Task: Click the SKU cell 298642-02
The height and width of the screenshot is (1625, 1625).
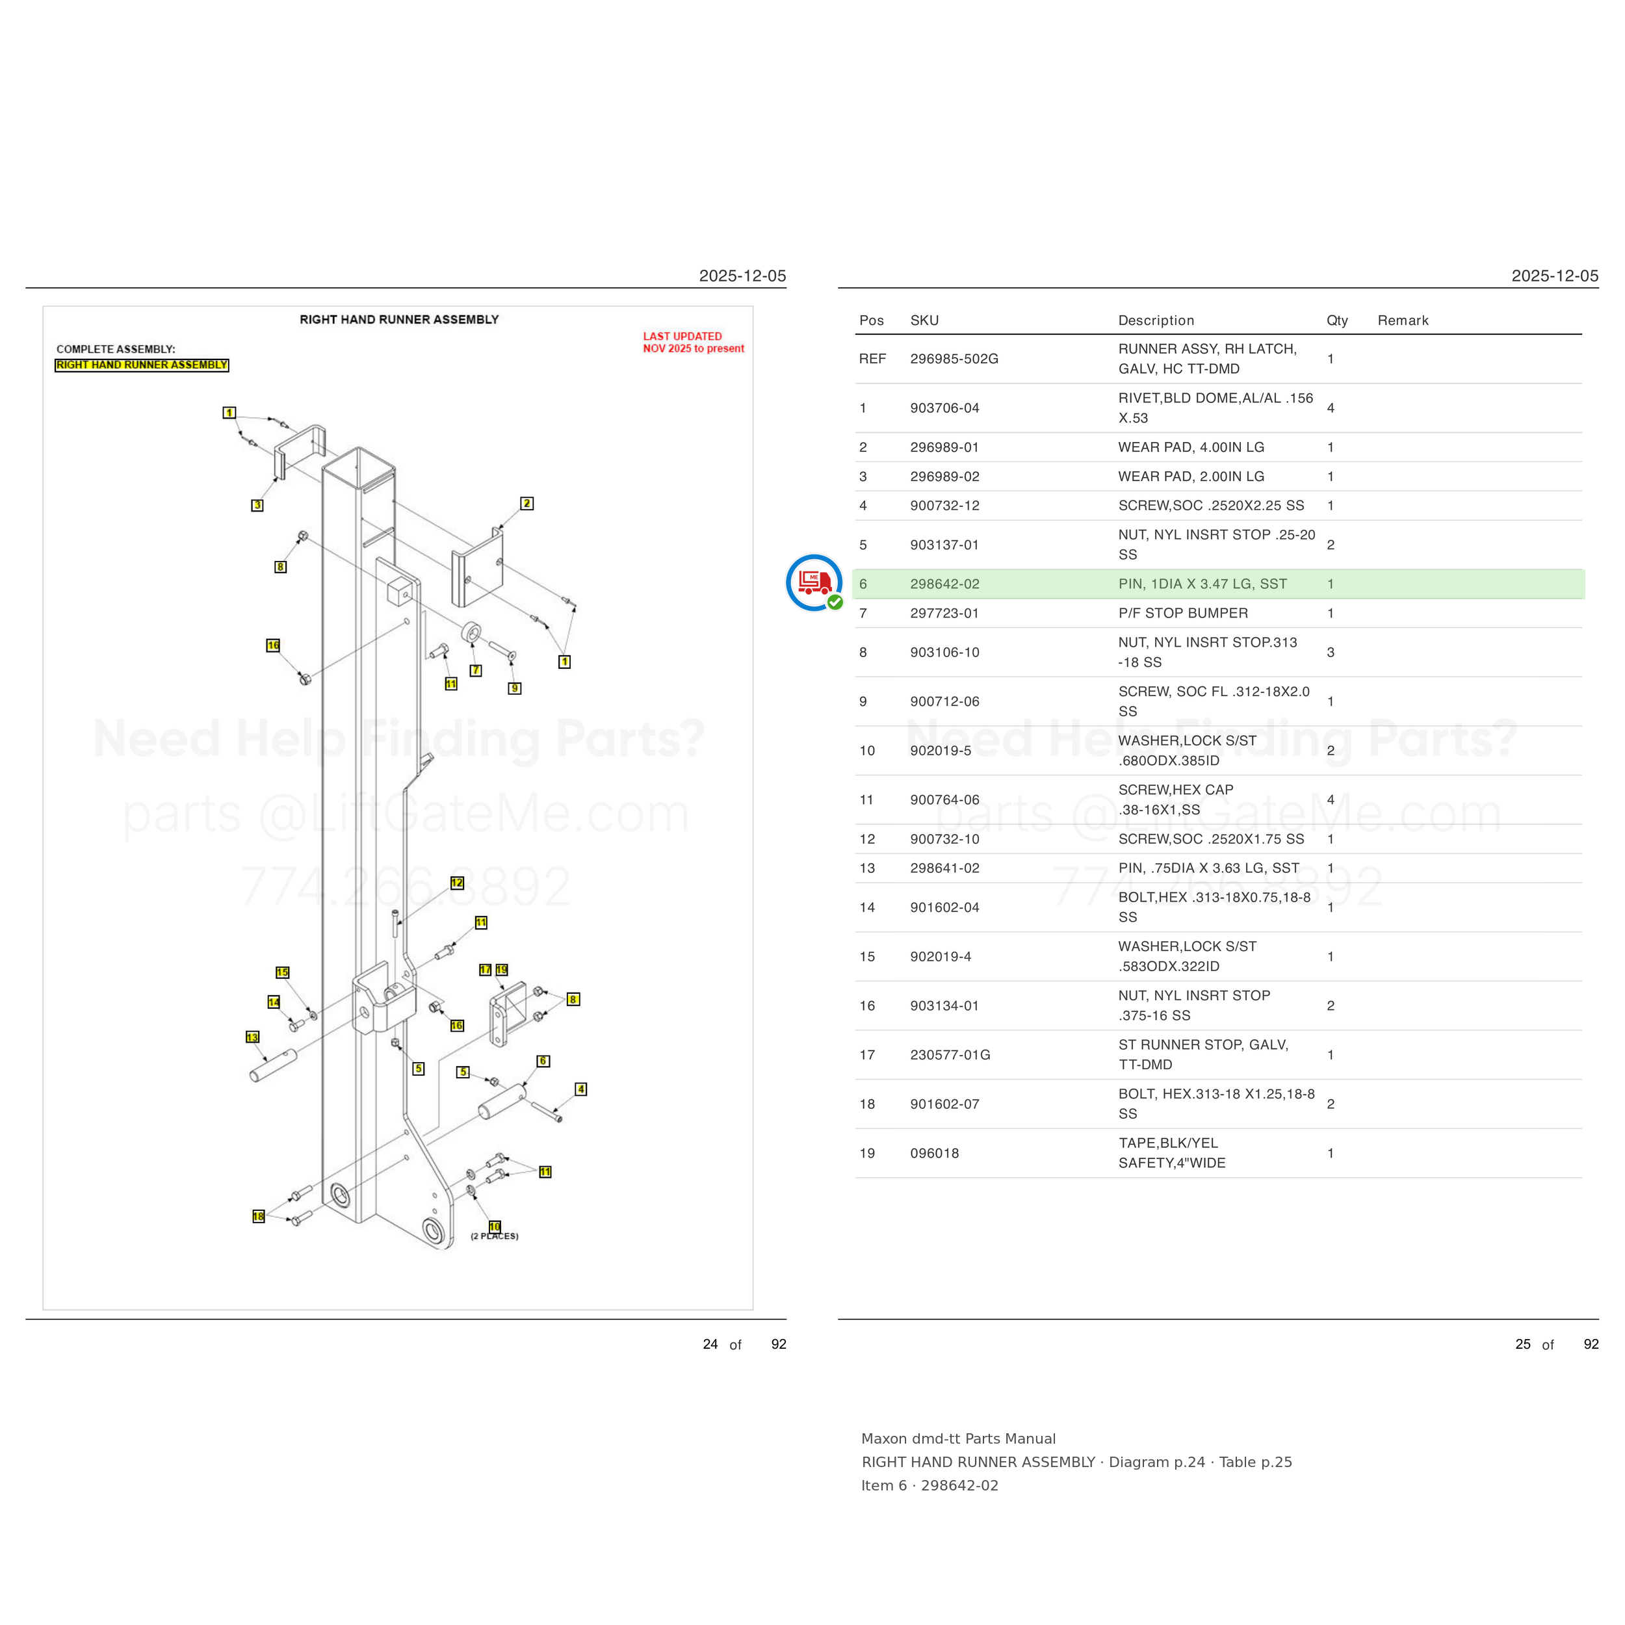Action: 944,584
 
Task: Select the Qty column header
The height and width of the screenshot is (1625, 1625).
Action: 1337,320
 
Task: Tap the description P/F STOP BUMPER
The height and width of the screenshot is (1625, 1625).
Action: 1182,613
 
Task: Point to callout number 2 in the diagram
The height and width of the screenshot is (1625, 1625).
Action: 526,503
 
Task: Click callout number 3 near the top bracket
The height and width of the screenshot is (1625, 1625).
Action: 257,504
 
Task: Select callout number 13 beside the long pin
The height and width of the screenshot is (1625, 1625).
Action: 252,1037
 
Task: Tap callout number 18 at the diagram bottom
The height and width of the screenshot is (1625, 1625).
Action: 258,1216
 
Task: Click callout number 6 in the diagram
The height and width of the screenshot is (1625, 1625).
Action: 543,1061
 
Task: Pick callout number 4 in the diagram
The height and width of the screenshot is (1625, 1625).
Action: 580,1089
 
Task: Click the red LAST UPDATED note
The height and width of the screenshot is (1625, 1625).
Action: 693,343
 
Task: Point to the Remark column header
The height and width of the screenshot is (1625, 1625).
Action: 1403,320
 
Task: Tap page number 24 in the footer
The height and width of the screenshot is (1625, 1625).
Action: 710,1344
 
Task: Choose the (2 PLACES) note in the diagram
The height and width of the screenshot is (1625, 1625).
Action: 495,1236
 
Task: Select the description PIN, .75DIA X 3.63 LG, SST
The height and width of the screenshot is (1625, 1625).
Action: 1208,868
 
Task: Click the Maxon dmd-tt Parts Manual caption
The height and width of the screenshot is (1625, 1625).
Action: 958,1439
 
